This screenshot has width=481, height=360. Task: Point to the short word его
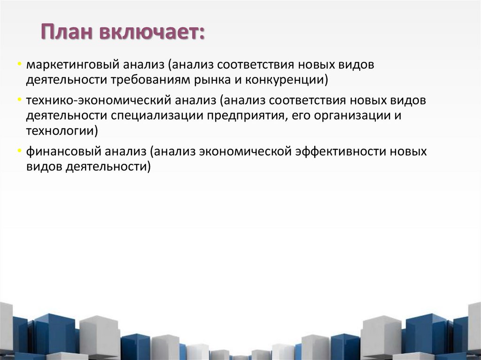click(299, 115)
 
